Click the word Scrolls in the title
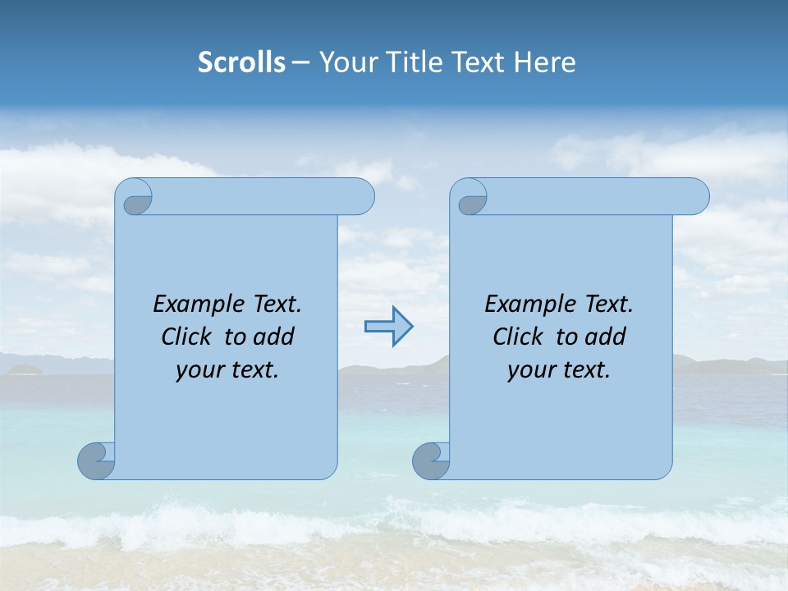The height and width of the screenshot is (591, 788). click(x=241, y=62)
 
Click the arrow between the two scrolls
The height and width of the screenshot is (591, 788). click(x=388, y=327)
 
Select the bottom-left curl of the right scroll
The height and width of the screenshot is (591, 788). click(x=431, y=460)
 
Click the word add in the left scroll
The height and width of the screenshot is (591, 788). click(x=275, y=337)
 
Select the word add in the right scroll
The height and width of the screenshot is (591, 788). click(x=607, y=337)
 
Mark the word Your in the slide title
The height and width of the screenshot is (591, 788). click(x=342, y=62)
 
